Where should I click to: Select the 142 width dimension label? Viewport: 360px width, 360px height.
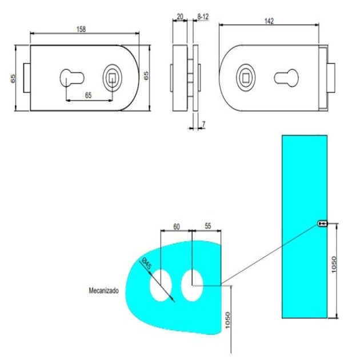point(269,21)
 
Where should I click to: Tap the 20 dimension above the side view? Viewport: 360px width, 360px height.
point(180,17)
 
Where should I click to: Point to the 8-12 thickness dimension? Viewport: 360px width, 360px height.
point(202,17)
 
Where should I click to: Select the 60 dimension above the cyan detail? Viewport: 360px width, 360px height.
point(176,226)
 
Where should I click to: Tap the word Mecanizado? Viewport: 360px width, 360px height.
point(103,290)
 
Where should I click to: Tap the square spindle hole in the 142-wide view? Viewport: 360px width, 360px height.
point(247,77)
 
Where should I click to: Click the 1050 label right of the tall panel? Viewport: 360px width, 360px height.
point(335,264)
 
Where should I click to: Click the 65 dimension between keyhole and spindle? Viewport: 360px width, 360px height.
point(88,95)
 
